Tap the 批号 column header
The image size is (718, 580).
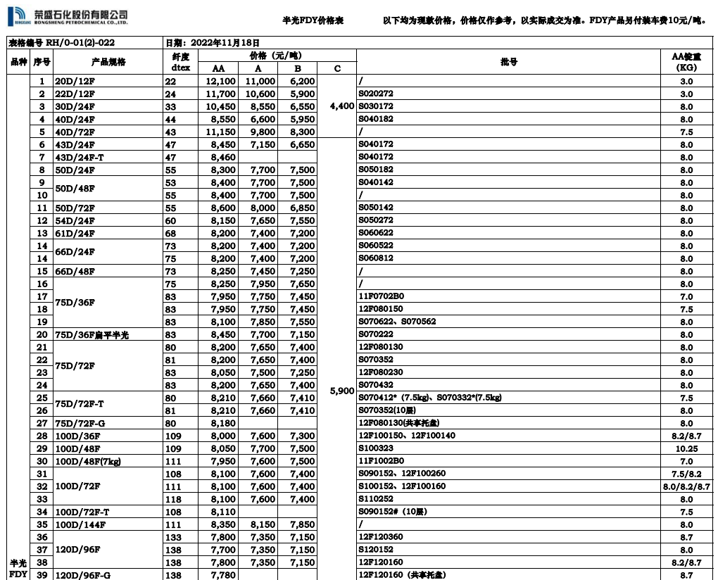point(508,62)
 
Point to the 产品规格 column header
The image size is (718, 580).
point(108,62)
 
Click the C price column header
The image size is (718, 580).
point(337,68)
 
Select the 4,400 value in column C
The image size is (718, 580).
point(341,106)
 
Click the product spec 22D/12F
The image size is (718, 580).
point(75,94)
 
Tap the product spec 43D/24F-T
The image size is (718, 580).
point(80,158)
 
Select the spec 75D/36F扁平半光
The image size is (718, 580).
point(92,335)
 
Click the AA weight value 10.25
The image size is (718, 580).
point(686,449)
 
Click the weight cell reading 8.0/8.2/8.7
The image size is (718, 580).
point(686,487)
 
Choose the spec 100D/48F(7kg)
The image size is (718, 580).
point(89,462)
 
